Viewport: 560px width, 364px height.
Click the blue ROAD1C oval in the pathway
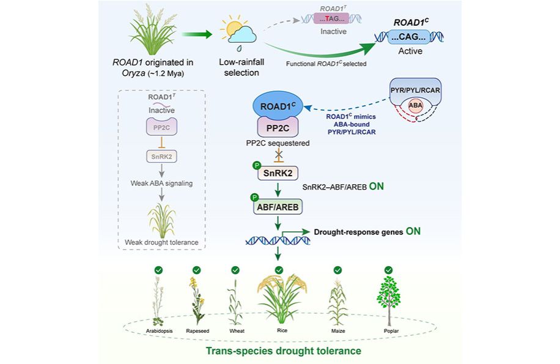(x=278, y=106)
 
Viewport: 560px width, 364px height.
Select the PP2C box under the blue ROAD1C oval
(x=278, y=127)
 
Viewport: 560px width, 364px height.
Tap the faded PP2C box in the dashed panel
(x=162, y=127)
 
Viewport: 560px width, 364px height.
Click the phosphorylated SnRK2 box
(x=278, y=173)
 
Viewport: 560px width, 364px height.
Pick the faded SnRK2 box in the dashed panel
(x=162, y=157)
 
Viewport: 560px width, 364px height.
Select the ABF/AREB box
(x=278, y=207)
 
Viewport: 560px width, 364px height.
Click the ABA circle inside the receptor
(x=415, y=106)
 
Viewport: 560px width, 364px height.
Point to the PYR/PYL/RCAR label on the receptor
(x=415, y=91)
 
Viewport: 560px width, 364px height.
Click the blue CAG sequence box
(x=408, y=37)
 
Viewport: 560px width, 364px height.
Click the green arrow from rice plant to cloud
(x=197, y=34)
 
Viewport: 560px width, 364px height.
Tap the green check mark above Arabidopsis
(x=158, y=270)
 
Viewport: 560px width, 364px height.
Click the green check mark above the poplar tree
(x=389, y=270)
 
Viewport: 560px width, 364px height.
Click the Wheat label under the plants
(x=237, y=331)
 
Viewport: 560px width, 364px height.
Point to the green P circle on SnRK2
(x=257, y=165)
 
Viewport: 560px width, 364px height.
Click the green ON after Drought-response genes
(x=413, y=231)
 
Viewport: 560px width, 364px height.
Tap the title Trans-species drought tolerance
(x=283, y=351)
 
